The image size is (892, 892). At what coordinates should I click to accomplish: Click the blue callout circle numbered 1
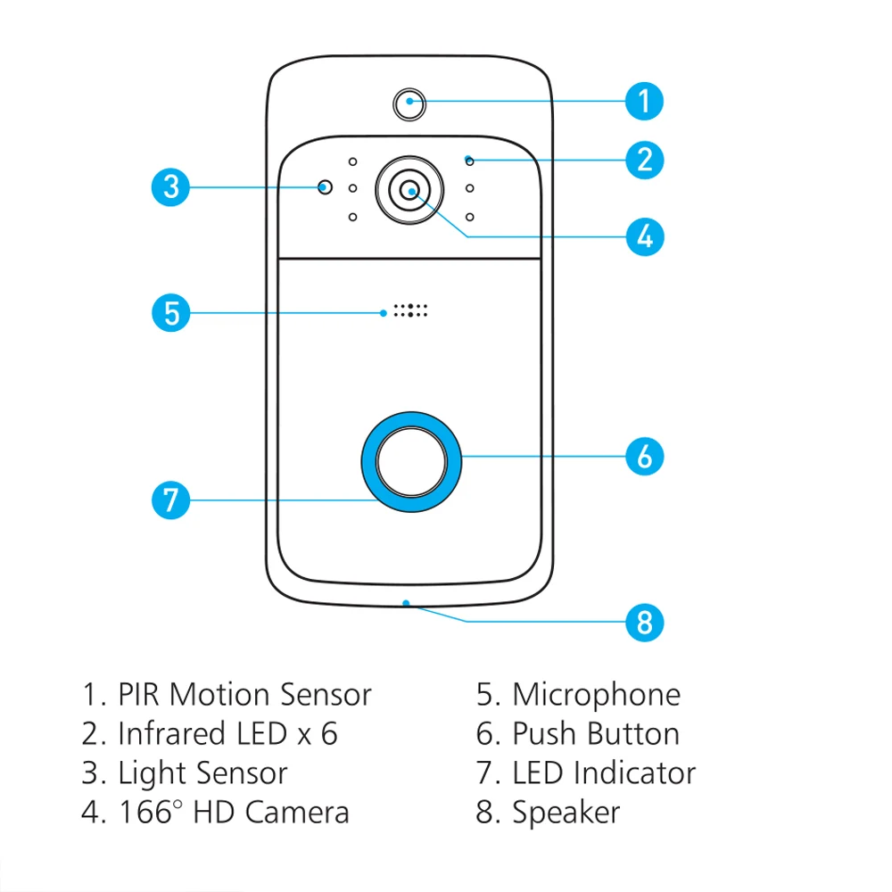tap(645, 100)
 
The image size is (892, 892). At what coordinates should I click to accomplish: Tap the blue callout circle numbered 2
tap(645, 160)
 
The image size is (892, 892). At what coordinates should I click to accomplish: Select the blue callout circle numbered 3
tap(170, 187)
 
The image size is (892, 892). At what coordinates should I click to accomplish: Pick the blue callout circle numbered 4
tap(645, 236)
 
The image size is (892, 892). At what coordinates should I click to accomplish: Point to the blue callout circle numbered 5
tap(170, 312)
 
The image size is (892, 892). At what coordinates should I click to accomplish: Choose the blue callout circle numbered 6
tap(645, 456)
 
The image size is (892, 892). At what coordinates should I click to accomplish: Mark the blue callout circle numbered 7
tap(170, 500)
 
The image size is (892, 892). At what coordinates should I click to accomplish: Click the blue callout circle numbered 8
tap(645, 621)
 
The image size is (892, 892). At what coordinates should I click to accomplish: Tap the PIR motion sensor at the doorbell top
tap(409, 103)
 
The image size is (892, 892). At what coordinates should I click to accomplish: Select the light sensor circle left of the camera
tap(326, 187)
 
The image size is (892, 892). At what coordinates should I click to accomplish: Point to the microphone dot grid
tap(411, 311)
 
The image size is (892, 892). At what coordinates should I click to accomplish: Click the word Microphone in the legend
tap(596, 695)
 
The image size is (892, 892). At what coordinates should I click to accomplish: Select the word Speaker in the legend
tap(566, 813)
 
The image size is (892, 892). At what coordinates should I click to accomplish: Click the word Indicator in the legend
tap(634, 773)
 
